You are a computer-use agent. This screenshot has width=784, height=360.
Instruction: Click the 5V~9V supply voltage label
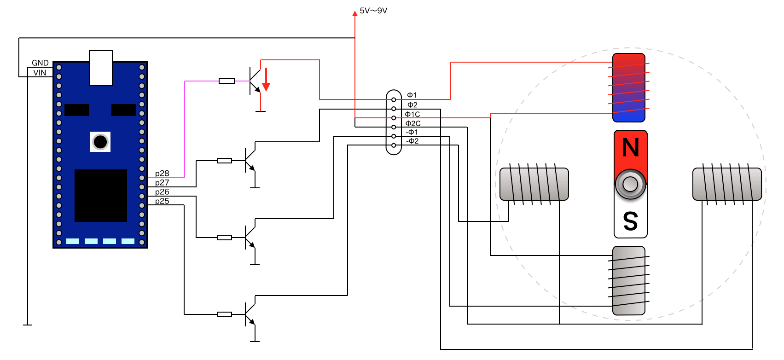tap(373, 11)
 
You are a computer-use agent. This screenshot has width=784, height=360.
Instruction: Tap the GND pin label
tap(40, 63)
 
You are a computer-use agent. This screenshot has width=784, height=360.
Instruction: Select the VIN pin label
tap(40, 73)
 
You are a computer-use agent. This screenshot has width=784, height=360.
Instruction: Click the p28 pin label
tap(162, 174)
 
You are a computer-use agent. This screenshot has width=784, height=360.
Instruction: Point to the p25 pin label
tap(162, 201)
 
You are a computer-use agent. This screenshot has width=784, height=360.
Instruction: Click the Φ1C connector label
tap(412, 114)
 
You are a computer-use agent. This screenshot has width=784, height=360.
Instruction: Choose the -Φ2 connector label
tap(412, 141)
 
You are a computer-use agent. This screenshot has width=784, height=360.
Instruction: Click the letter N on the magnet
tap(631, 148)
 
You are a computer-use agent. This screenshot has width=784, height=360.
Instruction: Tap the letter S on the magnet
tap(631, 221)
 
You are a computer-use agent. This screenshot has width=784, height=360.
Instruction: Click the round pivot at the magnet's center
tap(630, 184)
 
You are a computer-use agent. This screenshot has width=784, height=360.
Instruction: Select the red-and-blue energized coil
tap(629, 87)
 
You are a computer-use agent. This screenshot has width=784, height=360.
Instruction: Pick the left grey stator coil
tap(534, 184)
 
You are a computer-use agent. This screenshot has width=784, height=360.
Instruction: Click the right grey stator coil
tap(727, 184)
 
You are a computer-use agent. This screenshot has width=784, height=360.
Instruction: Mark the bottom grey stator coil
tap(629, 280)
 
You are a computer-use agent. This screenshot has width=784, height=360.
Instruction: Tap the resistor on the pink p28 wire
tap(226, 81)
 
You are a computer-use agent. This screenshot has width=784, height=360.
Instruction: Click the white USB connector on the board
tap(101, 68)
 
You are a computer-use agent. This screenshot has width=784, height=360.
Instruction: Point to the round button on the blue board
tap(100, 142)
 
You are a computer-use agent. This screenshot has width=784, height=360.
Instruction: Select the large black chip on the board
tap(101, 196)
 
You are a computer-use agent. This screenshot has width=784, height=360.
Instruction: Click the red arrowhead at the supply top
tap(355, 14)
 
